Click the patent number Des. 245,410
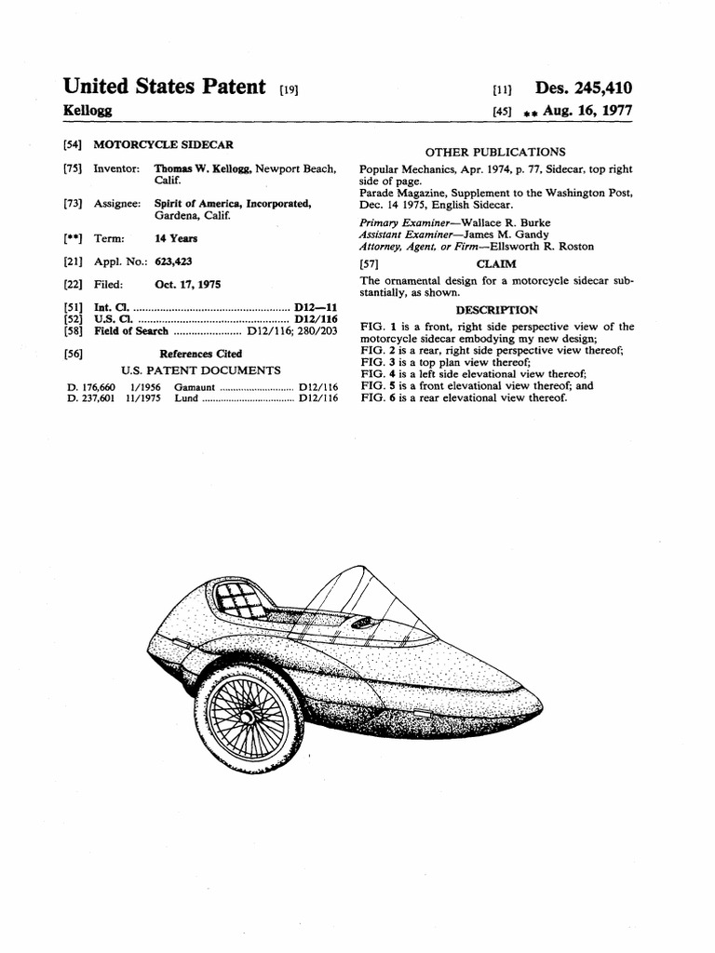(x=584, y=88)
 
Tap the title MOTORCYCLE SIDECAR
(x=164, y=145)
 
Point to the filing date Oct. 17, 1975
(x=188, y=284)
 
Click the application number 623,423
(x=175, y=262)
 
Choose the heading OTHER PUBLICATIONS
(x=494, y=152)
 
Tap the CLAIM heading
(x=496, y=264)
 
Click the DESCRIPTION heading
(x=496, y=310)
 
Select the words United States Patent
(x=164, y=87)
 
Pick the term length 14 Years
(x=177, y=238)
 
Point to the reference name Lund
(x=186, y=398)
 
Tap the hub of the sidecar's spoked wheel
(x=249, y=718)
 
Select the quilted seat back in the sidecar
(x=237, y=598)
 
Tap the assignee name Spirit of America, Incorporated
(x=233, y=203)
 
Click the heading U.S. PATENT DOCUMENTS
(x=201, y=370)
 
